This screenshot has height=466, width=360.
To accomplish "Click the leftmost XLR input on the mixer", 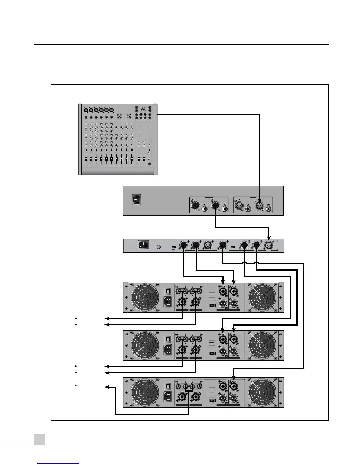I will [86, 110].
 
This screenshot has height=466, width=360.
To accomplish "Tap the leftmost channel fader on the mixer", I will [86, 159].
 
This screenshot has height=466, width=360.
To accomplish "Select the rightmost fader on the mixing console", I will [144, 159].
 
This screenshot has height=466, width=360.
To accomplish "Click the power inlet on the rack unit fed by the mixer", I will [136, 199].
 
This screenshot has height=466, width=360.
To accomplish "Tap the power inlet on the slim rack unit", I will [143, 244].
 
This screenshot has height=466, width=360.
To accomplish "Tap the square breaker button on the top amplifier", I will [167, 291].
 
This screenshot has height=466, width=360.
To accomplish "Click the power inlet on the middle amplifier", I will [168, 350].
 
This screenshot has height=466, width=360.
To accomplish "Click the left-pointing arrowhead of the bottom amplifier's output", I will [106, 387].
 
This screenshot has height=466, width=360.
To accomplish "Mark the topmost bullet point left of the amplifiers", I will [76, 318].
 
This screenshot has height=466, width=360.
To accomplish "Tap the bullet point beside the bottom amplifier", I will [76, 385].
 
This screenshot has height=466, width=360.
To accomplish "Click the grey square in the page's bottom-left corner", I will [39, 440].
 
